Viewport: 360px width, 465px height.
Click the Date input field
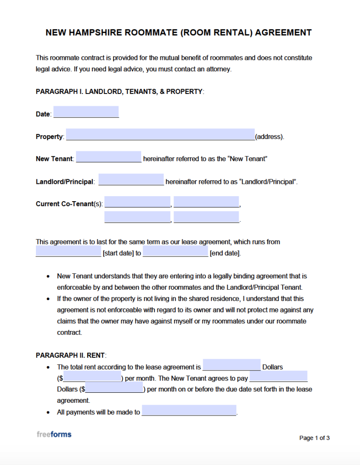86,112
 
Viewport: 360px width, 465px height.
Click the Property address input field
160,134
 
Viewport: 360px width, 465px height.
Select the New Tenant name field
109,157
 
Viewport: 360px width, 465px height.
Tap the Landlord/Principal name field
131,180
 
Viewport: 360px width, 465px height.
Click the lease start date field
68,252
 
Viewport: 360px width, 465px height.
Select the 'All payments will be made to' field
189,411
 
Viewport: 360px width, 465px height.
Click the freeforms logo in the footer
54,435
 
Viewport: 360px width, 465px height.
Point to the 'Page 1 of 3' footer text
314,438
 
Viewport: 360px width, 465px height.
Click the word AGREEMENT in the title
283,33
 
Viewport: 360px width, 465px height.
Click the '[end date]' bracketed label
225,253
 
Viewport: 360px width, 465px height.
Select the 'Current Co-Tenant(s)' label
69,204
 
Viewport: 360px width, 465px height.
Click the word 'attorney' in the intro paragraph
219,69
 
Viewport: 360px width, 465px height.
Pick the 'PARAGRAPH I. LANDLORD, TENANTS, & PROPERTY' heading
120,92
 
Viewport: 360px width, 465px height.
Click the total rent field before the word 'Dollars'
231,365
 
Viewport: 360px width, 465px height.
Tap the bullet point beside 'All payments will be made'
48,412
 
